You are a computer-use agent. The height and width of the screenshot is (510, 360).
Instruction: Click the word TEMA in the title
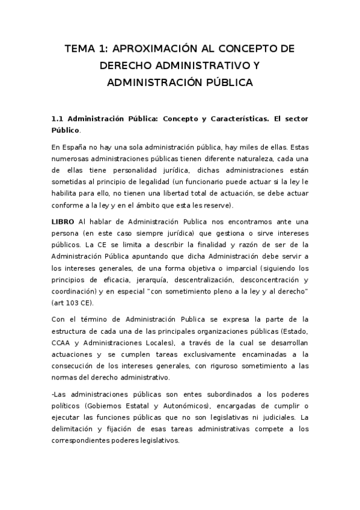point(80,49)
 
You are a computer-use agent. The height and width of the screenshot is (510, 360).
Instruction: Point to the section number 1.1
point(58,119)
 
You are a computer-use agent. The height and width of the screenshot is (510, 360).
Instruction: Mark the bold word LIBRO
point(63,221)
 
